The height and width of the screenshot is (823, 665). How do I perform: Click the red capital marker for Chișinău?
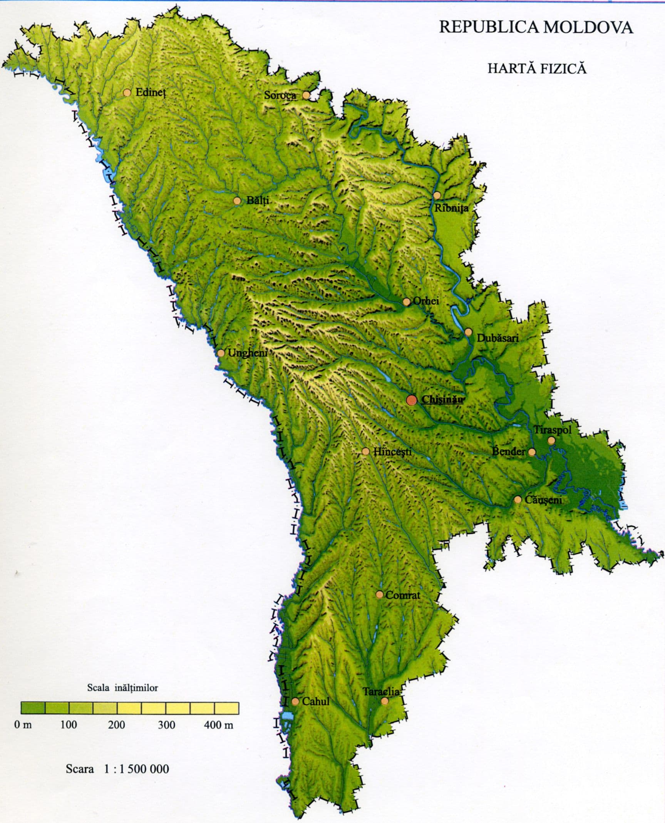tap(412, 400)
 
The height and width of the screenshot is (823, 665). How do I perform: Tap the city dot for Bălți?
tap(237, 201)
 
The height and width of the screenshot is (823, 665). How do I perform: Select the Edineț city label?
tap(151, 93)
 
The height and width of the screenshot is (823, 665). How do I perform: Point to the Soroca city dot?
tap(306, 95)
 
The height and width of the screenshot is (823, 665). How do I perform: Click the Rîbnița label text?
tap(451, 208)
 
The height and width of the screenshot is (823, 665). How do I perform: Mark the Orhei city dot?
tap(406, 302)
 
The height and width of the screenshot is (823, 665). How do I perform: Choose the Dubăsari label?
tap(497, 338)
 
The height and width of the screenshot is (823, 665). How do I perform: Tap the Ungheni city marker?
tap(221, 353)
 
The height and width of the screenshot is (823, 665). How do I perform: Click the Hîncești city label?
tap(392, 452)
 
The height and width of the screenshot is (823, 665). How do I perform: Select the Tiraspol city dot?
tap(551, 440)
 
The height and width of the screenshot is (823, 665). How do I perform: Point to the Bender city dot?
tap(532, 452)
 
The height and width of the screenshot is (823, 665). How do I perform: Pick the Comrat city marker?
tap(379, 595)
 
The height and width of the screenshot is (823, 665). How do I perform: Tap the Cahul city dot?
tap(295, 702)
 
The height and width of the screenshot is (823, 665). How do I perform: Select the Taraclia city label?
tap(381, 692)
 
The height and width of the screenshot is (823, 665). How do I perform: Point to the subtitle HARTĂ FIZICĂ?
tap(537, 69)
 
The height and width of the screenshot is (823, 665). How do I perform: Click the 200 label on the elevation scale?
tap(116, 725)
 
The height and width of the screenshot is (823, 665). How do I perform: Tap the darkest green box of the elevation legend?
tap(33, 708)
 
